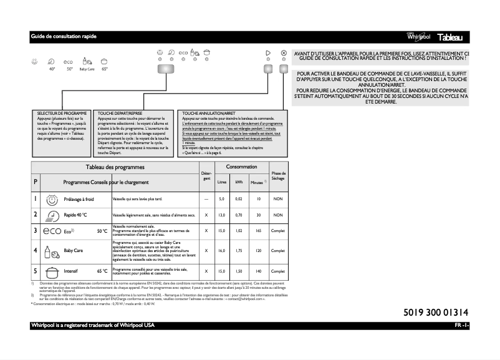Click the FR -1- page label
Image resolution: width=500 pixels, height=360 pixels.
pos(461,326)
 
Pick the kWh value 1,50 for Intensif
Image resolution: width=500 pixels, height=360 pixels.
pos(239,271)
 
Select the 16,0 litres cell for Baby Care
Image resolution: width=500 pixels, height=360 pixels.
pos(221,250)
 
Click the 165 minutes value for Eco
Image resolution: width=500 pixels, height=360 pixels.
pos(257,231)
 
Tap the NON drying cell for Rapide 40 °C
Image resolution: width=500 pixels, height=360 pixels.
pos(278,215)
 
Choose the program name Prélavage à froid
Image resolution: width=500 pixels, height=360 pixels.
pos(79,199)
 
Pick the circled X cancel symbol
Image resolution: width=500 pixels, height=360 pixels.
pos(284,54)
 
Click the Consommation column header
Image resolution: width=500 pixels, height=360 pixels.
pos(241,167)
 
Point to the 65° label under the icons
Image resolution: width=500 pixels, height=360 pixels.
pos(104,69)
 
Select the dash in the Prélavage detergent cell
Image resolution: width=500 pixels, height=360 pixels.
pos(206,199)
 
